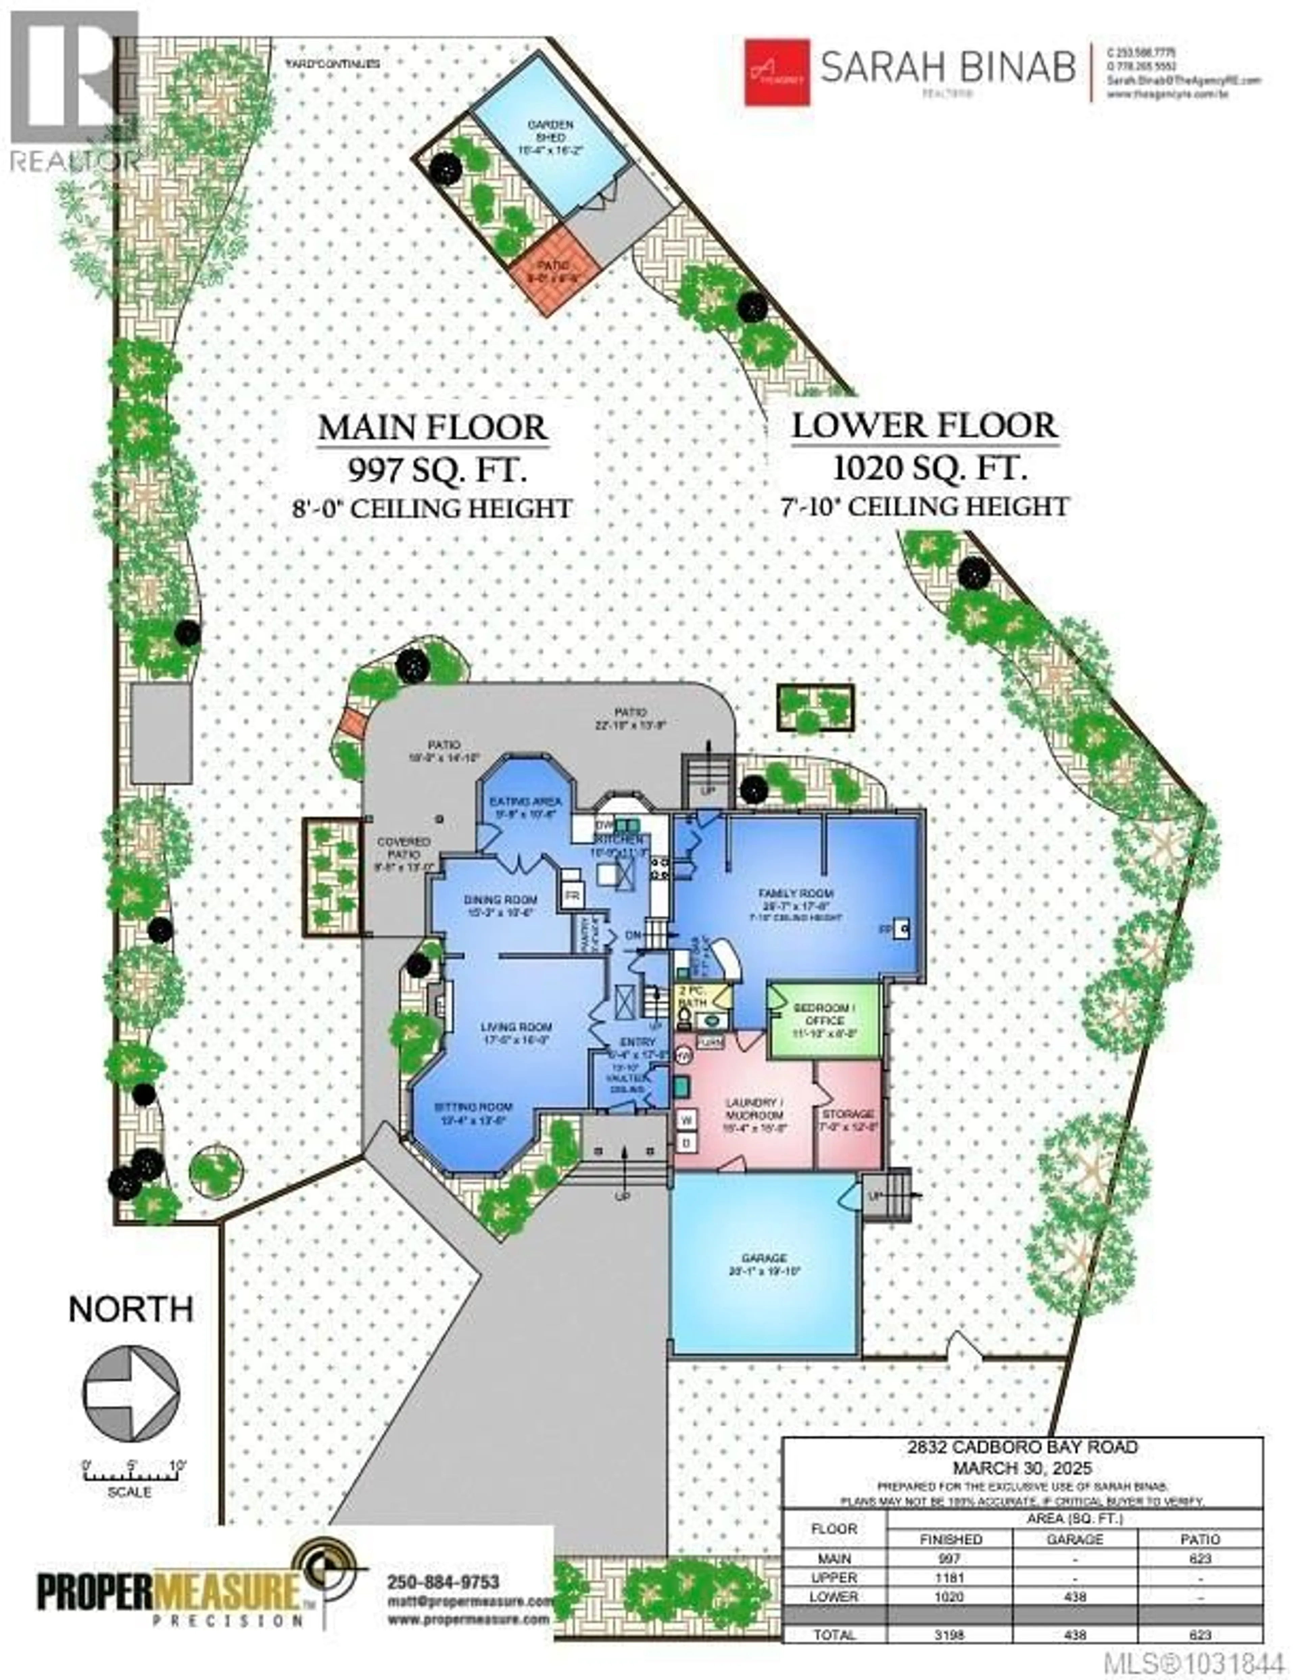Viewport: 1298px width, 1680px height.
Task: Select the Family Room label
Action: pyautogui.click(x=796, y=900)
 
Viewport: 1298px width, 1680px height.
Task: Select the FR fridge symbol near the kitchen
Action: pyautogui.click(x=571, y=896)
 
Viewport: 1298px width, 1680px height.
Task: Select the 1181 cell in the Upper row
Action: pyautogui.click(x=949, y=1577)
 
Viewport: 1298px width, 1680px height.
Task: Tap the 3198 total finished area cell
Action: pyautogui.click(x=949, y=1635)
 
